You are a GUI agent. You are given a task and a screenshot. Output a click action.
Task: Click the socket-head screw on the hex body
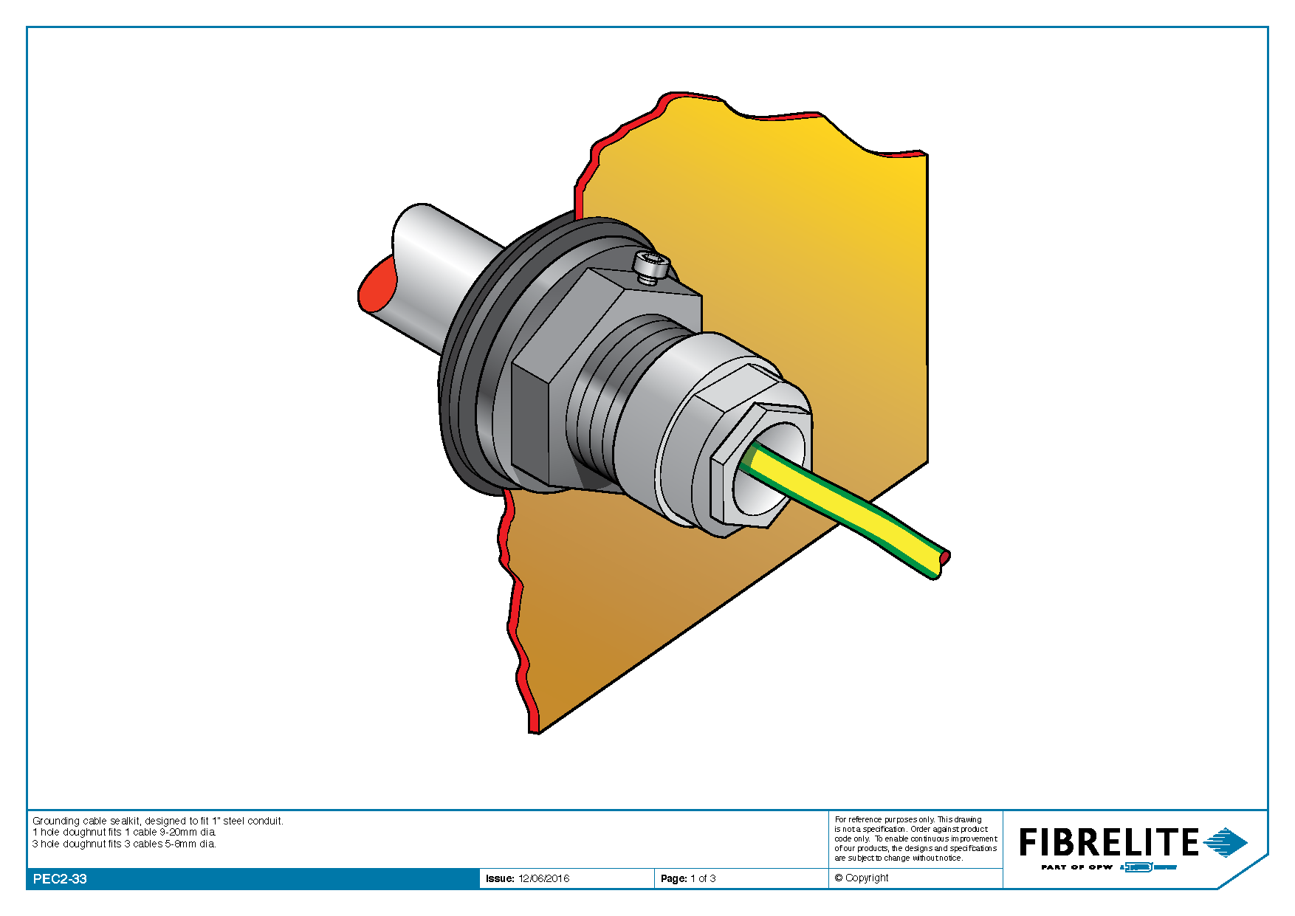(652, 266)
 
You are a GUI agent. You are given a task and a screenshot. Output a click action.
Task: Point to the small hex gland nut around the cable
(760, 465)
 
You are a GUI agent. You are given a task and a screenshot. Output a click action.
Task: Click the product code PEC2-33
(60, 879)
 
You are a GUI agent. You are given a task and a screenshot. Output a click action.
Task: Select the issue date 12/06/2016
(544, 878)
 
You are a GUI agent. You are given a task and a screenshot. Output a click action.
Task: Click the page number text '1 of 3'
(703, 878)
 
